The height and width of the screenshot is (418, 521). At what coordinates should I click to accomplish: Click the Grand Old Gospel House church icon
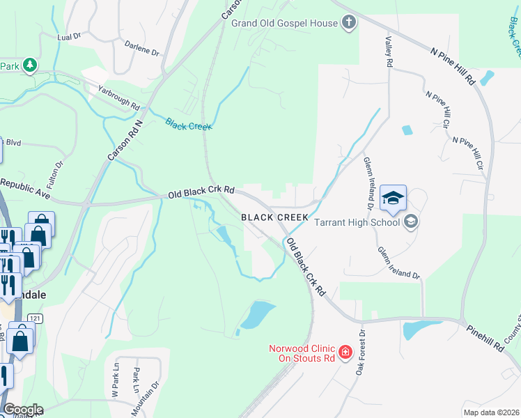point(349,23)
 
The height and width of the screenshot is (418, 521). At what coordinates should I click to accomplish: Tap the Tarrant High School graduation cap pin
point(394,199)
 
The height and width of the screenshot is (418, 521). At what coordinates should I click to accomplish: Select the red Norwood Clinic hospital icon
point(344,354)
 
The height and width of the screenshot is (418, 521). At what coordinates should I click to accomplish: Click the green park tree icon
point(29,65)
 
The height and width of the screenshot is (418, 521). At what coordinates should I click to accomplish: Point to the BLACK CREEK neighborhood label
point(274,217)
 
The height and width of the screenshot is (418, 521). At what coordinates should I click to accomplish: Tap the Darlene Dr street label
point(142,48)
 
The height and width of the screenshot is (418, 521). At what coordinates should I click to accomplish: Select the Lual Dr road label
point(70,36)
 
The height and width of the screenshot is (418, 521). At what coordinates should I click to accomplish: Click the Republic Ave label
point(26,187)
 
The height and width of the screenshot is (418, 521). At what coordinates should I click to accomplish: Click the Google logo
point(23,410)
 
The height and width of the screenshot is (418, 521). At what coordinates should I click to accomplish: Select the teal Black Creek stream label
point(188,123)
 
